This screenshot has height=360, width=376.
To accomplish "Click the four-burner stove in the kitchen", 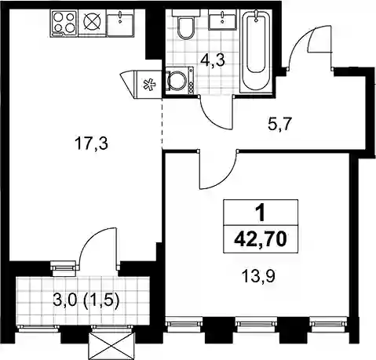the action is point(64,23).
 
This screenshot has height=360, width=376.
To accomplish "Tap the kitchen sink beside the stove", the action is point(121,23).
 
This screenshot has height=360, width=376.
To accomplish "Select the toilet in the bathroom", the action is point(185,25).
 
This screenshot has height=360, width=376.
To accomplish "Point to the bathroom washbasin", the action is point(223,20).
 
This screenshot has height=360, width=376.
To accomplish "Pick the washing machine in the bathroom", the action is point(180,80).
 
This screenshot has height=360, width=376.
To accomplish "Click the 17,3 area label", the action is point(91,144).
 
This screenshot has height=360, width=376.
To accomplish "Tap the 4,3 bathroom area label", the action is point(213,60).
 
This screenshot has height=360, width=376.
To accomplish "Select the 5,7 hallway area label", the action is point(279,125).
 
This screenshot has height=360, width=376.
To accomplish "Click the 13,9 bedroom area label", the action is point(258,276).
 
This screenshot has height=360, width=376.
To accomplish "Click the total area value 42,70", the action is point(261,239).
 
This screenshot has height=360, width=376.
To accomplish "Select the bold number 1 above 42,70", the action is point(261,213).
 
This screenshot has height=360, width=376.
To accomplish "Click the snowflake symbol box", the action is point(148,85).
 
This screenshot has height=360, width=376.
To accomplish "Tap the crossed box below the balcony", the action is point(111,346).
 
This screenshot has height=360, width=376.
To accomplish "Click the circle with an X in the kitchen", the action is point(92,22).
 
